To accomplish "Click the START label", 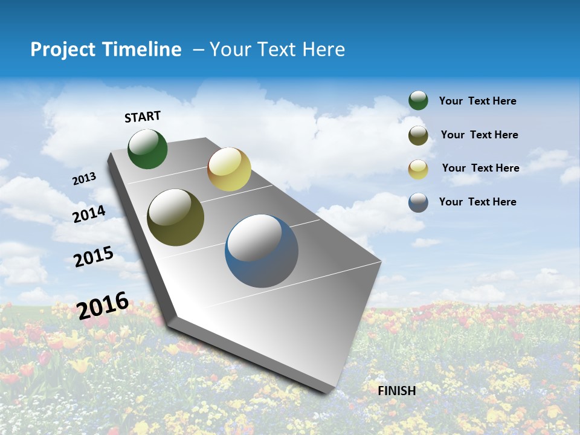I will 143,117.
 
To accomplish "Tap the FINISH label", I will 396,391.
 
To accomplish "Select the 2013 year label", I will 85,179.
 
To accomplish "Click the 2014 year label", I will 89,214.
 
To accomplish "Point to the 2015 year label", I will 94,257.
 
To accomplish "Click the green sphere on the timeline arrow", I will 147,149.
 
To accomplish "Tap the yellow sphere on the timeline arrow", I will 229,169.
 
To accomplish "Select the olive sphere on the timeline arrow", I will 175,217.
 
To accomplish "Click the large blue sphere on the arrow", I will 262,251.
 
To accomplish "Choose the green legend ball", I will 418,101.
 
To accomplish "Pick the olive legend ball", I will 418,135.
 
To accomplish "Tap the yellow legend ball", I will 418,169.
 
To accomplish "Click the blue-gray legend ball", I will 418,202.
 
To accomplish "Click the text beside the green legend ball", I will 477,101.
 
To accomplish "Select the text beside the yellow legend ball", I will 480,168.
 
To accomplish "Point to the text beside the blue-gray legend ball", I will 477,202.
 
